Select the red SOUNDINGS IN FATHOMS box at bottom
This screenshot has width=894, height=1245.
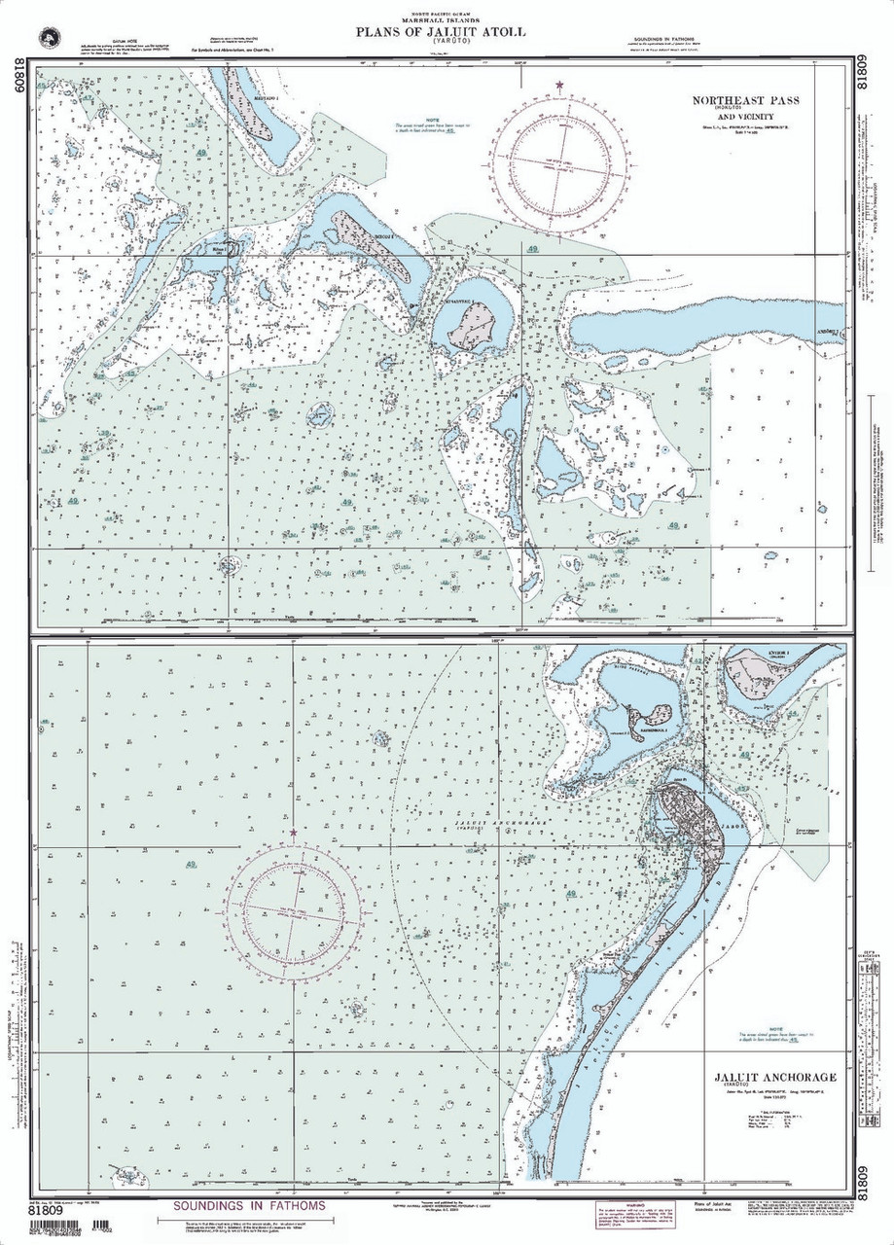(x=249, y=1205)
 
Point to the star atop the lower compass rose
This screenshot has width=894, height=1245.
(x=294, y=833)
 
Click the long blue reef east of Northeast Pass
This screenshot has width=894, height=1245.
(x=700, y=329)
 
